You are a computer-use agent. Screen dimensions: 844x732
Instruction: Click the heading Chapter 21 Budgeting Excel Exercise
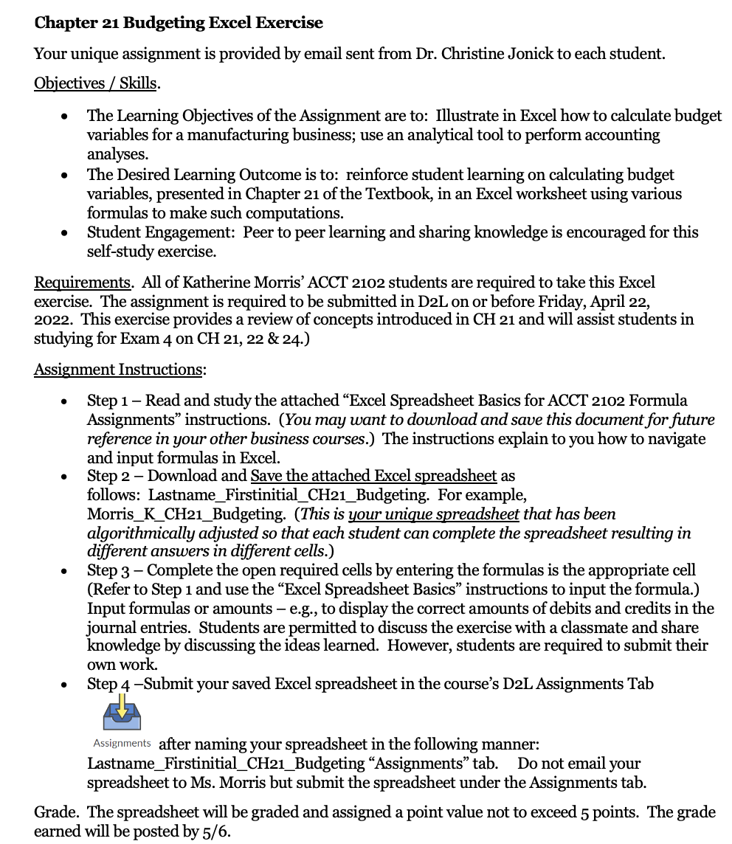(x=179, y=23)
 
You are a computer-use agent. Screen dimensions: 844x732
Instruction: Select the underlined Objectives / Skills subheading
(x=96, y=83)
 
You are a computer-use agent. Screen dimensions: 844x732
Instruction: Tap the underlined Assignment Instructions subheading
(x=119, y=370)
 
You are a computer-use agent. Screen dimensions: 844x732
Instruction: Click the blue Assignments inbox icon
(x=122, y=715)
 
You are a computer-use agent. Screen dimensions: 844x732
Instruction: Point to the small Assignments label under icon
(x=122, y=743)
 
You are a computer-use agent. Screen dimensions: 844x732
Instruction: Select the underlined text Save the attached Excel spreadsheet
(x=373, y=476)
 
